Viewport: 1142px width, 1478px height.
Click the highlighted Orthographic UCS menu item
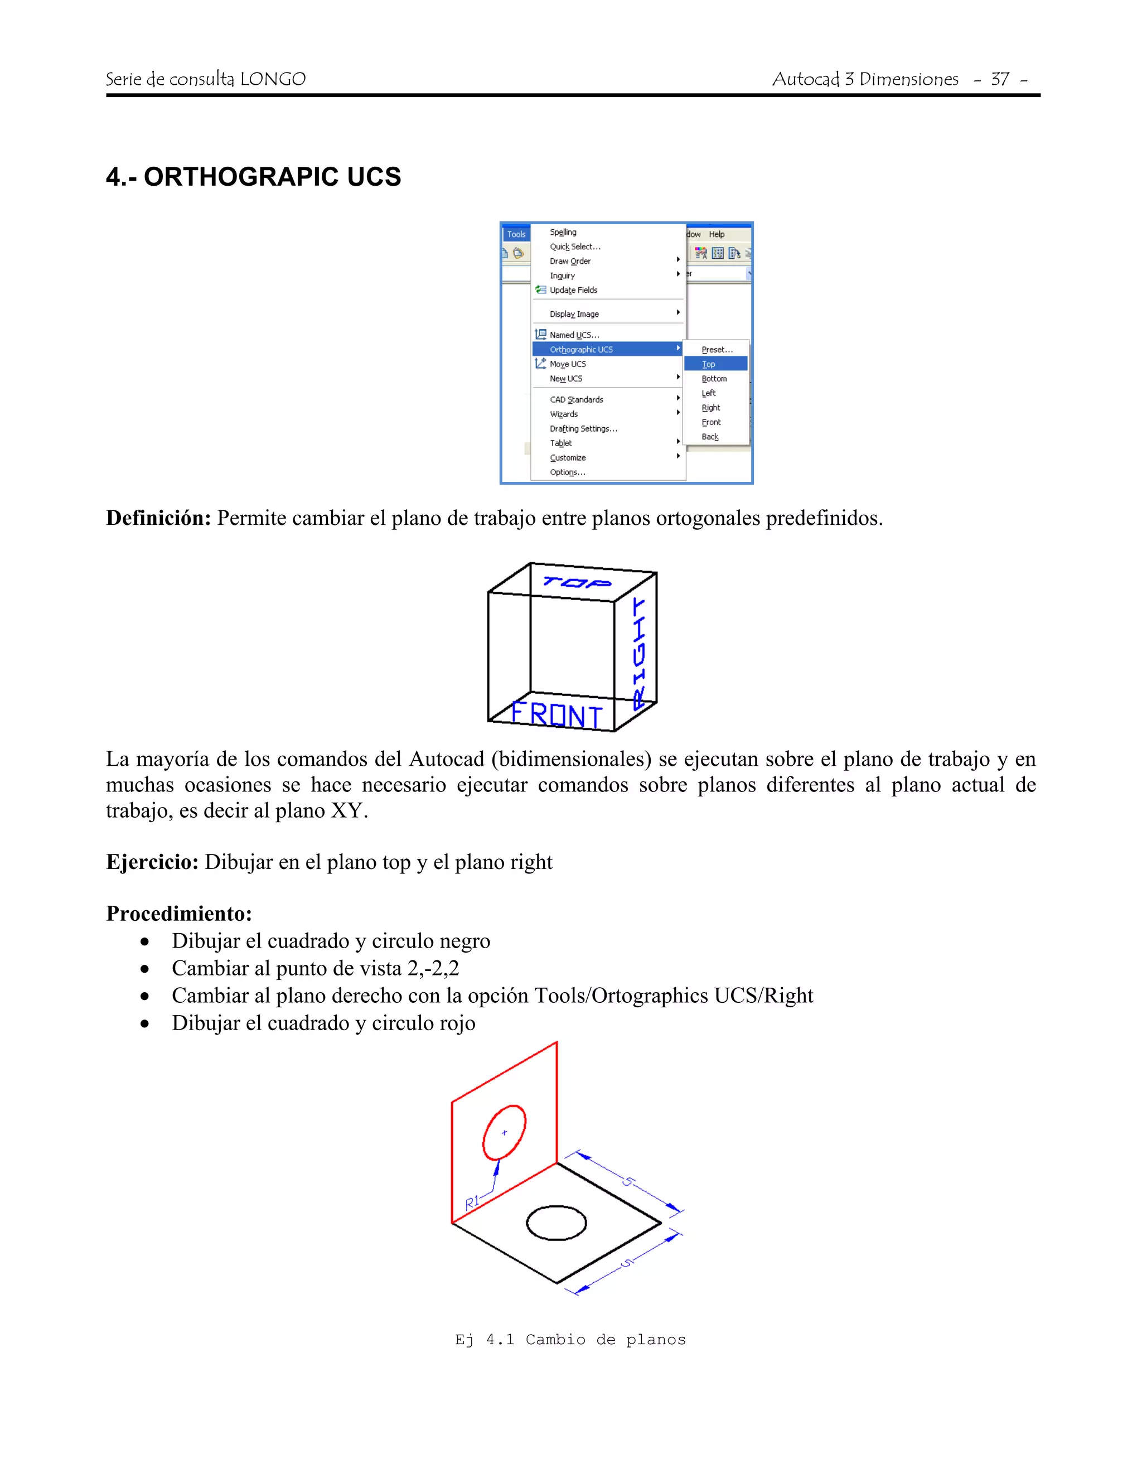coord(582,349)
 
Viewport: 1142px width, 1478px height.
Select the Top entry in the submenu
coord(708,364)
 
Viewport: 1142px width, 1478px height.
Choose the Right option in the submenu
coord(710,407)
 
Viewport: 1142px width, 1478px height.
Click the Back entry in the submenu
coord(710,437)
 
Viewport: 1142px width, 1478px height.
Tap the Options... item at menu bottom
coord(567,472)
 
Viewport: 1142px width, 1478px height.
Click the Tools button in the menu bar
coord(516,234)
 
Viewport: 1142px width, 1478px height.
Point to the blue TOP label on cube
coord(577,582)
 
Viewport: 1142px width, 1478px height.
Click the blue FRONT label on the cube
coord(556,714)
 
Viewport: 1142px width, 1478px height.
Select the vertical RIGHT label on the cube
coord(638,653)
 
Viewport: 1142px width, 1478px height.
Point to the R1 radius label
coord(472,1201)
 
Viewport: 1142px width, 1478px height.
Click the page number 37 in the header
coord(1000,79)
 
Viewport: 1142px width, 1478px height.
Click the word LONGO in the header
coord(273,79)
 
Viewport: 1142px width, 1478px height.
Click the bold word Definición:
coord(158,518)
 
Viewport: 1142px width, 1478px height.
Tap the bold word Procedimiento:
coord(178,914)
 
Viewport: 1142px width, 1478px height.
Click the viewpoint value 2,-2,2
coord(433,968)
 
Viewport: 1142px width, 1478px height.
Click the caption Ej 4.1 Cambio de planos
coord(570,1339)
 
